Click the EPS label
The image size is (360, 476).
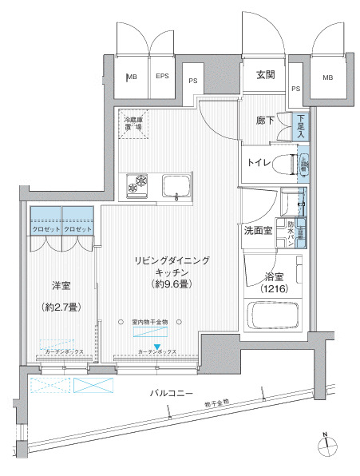coord(162,77)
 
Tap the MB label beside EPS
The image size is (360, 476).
coord(132,77)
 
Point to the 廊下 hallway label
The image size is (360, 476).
coord(265,121)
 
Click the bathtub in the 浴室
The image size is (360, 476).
coord(271,316)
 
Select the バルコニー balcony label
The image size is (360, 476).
coord(177,394)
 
